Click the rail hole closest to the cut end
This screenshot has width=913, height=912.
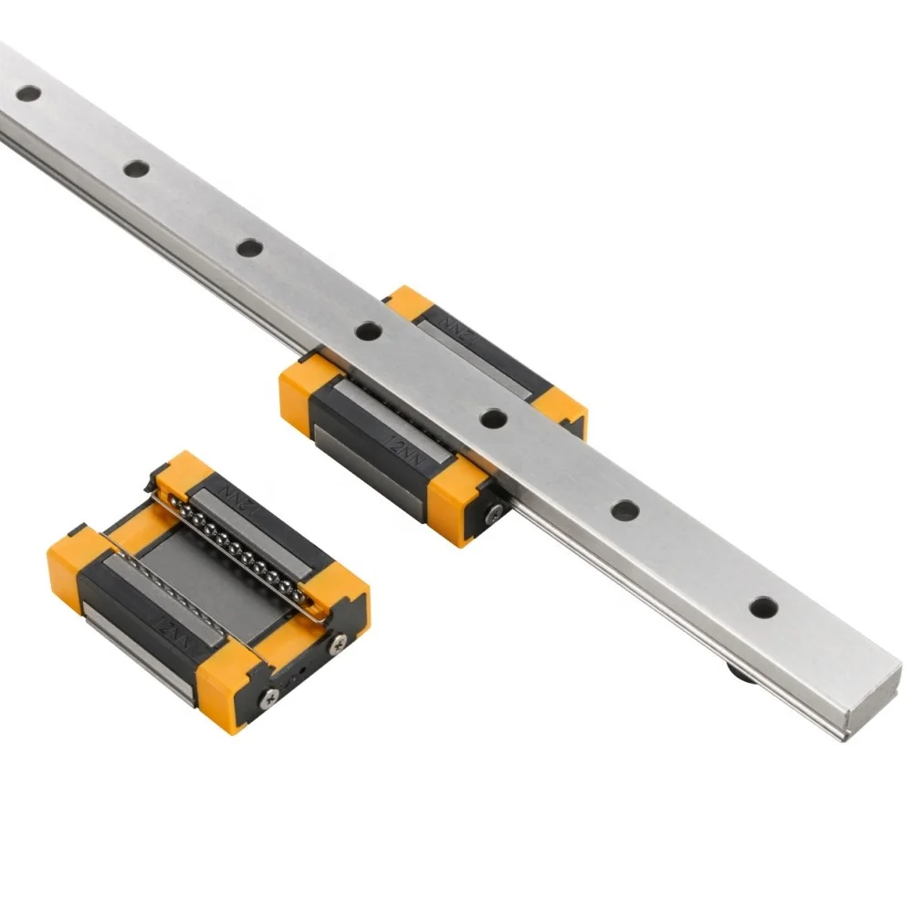coord(763,606)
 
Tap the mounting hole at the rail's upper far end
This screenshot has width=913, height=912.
coord(28,92)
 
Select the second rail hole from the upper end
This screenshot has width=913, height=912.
coord(136,168)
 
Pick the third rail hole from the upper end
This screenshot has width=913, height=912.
coord(249,246)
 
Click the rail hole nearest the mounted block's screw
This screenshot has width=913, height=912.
coord(494,419)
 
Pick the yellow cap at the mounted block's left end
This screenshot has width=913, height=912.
coord(304,394)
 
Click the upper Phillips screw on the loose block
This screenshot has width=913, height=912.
coord(340,643)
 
